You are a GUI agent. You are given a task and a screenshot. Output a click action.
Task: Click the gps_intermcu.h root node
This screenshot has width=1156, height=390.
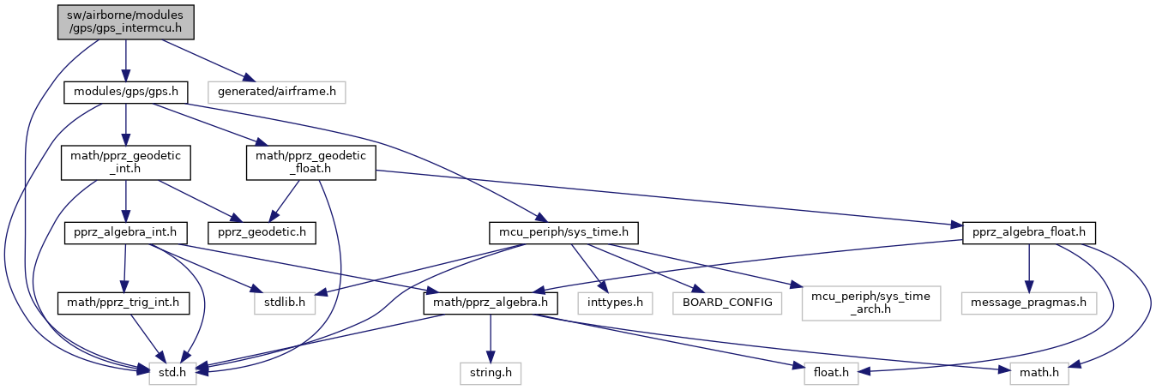[x=126, y=21]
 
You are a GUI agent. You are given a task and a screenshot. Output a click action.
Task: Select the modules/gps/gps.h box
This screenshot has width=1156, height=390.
[x=126, y=91]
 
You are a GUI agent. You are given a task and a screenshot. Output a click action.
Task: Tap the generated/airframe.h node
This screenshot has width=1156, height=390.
[x=277, y=91]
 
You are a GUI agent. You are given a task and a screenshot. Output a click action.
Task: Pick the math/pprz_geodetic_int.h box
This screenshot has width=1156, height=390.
[x=125, y=162]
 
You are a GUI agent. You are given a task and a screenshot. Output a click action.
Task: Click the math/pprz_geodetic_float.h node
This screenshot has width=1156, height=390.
[x=310, y=162]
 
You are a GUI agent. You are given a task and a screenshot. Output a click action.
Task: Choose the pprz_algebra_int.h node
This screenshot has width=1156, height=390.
[x=125, y=232]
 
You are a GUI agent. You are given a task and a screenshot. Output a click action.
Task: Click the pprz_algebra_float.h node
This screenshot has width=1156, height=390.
[x=1029, y=232]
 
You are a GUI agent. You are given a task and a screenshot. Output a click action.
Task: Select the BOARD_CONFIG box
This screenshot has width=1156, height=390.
[x=726, y=303]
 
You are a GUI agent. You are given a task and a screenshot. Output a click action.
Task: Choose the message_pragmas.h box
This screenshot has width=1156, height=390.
[x=1029, y=303]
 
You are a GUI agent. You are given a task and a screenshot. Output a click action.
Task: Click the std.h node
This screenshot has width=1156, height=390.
[x=172, y=373]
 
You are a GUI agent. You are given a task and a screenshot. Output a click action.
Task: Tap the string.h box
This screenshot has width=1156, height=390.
[x=490, y=373]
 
